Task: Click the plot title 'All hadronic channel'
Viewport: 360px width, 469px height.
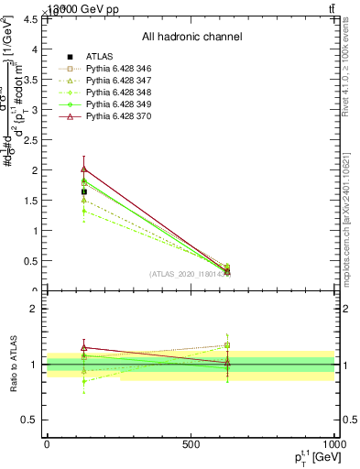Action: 191,37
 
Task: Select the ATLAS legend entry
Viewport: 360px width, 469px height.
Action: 101,56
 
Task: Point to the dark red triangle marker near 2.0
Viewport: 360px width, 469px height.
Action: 84,169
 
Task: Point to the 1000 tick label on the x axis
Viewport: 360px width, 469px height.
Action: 333,444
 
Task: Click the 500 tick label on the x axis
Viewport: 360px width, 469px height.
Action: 191,444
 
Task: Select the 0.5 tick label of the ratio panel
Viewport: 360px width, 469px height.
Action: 31,420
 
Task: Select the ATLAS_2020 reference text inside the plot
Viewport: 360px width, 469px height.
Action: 190,274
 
